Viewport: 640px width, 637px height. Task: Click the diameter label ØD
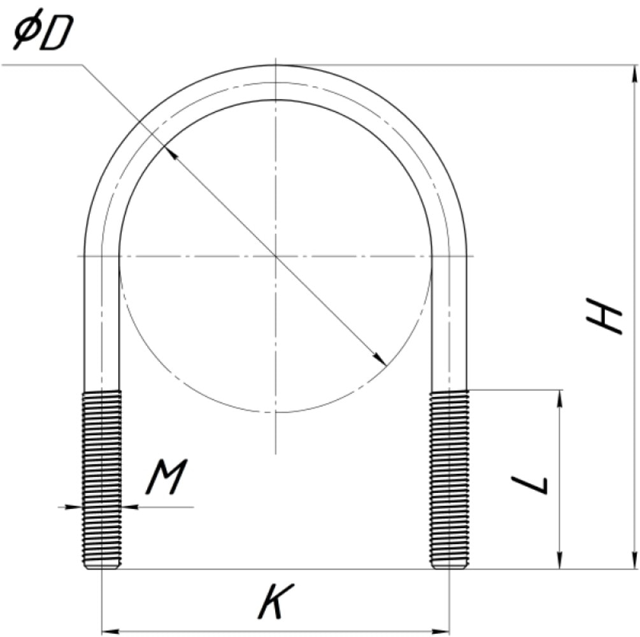point(43,30)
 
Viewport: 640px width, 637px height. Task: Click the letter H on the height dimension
point(604,315)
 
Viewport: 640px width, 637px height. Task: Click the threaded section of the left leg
point(102,480)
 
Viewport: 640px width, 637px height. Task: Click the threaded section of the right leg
point(449,480)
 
